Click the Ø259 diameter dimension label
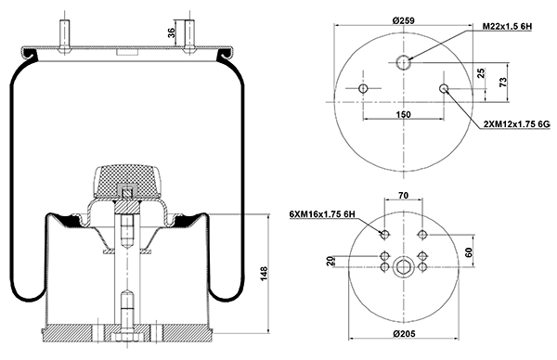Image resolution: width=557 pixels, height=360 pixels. (403, 20)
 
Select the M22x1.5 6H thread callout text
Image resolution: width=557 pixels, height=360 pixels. (507, 26)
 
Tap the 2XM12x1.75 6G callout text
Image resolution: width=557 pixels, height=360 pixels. (517, 124)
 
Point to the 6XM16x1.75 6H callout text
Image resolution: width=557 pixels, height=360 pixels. (322, 214)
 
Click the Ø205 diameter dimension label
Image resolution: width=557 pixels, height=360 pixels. (405, 334)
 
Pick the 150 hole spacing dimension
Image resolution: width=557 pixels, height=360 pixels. (403, 114)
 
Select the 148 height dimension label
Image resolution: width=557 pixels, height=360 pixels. (264, 274)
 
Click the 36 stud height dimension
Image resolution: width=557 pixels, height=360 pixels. (172, 33)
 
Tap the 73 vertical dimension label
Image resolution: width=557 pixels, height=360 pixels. (503, 83)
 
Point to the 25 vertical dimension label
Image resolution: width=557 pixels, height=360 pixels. (481, 73)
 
